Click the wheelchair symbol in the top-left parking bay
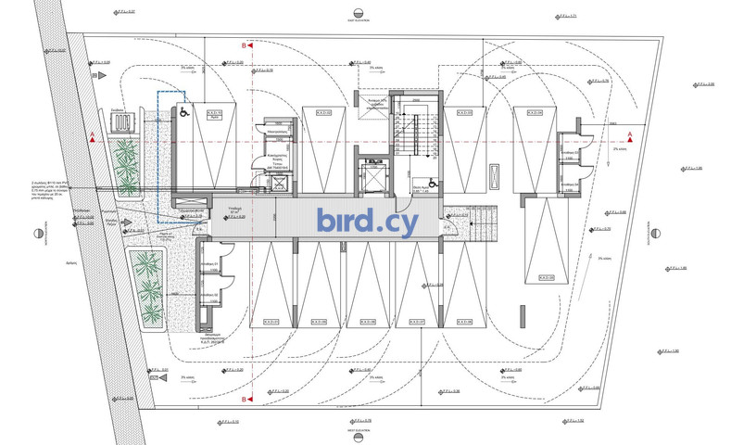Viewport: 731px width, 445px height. click(x=183, y=112)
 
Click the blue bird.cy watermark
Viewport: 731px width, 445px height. click(x=367, y=222)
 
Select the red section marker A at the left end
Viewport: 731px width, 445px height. click(x=92, y=137)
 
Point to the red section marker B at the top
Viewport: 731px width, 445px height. click(x=245, y=44)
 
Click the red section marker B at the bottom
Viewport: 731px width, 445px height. click(x=245, y=400)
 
